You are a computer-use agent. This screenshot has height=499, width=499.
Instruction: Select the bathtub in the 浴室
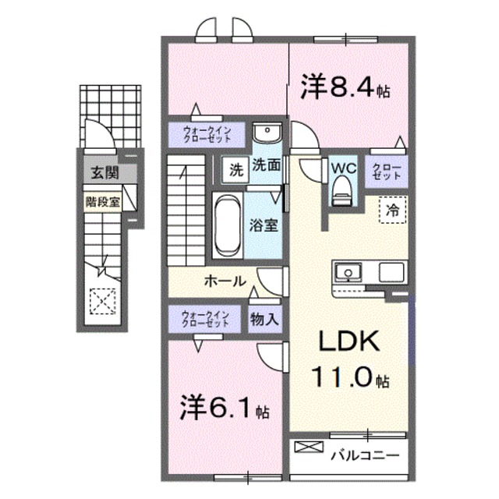[x=227, y=224]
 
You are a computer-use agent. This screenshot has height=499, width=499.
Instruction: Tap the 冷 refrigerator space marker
[x=394, y=210]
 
